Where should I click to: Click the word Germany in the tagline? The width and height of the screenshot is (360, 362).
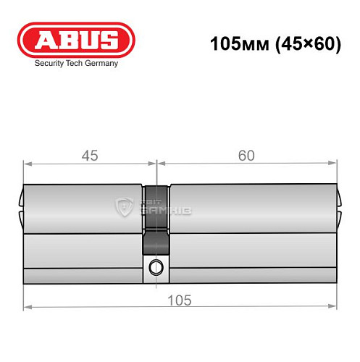[x=102, y=63]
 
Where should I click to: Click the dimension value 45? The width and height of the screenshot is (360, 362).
[x=89, y=155]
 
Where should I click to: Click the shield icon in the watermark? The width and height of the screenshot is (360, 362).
[x=124, y=209]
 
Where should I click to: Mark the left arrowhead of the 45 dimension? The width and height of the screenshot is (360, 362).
[x=27, y=164]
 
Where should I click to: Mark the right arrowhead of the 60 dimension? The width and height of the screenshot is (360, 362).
[x=334, y=164]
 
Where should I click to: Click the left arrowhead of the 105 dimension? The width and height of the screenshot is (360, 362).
[x=27, y=309]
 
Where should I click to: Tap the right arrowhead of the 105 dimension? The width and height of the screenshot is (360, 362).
[x=334, y=309]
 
